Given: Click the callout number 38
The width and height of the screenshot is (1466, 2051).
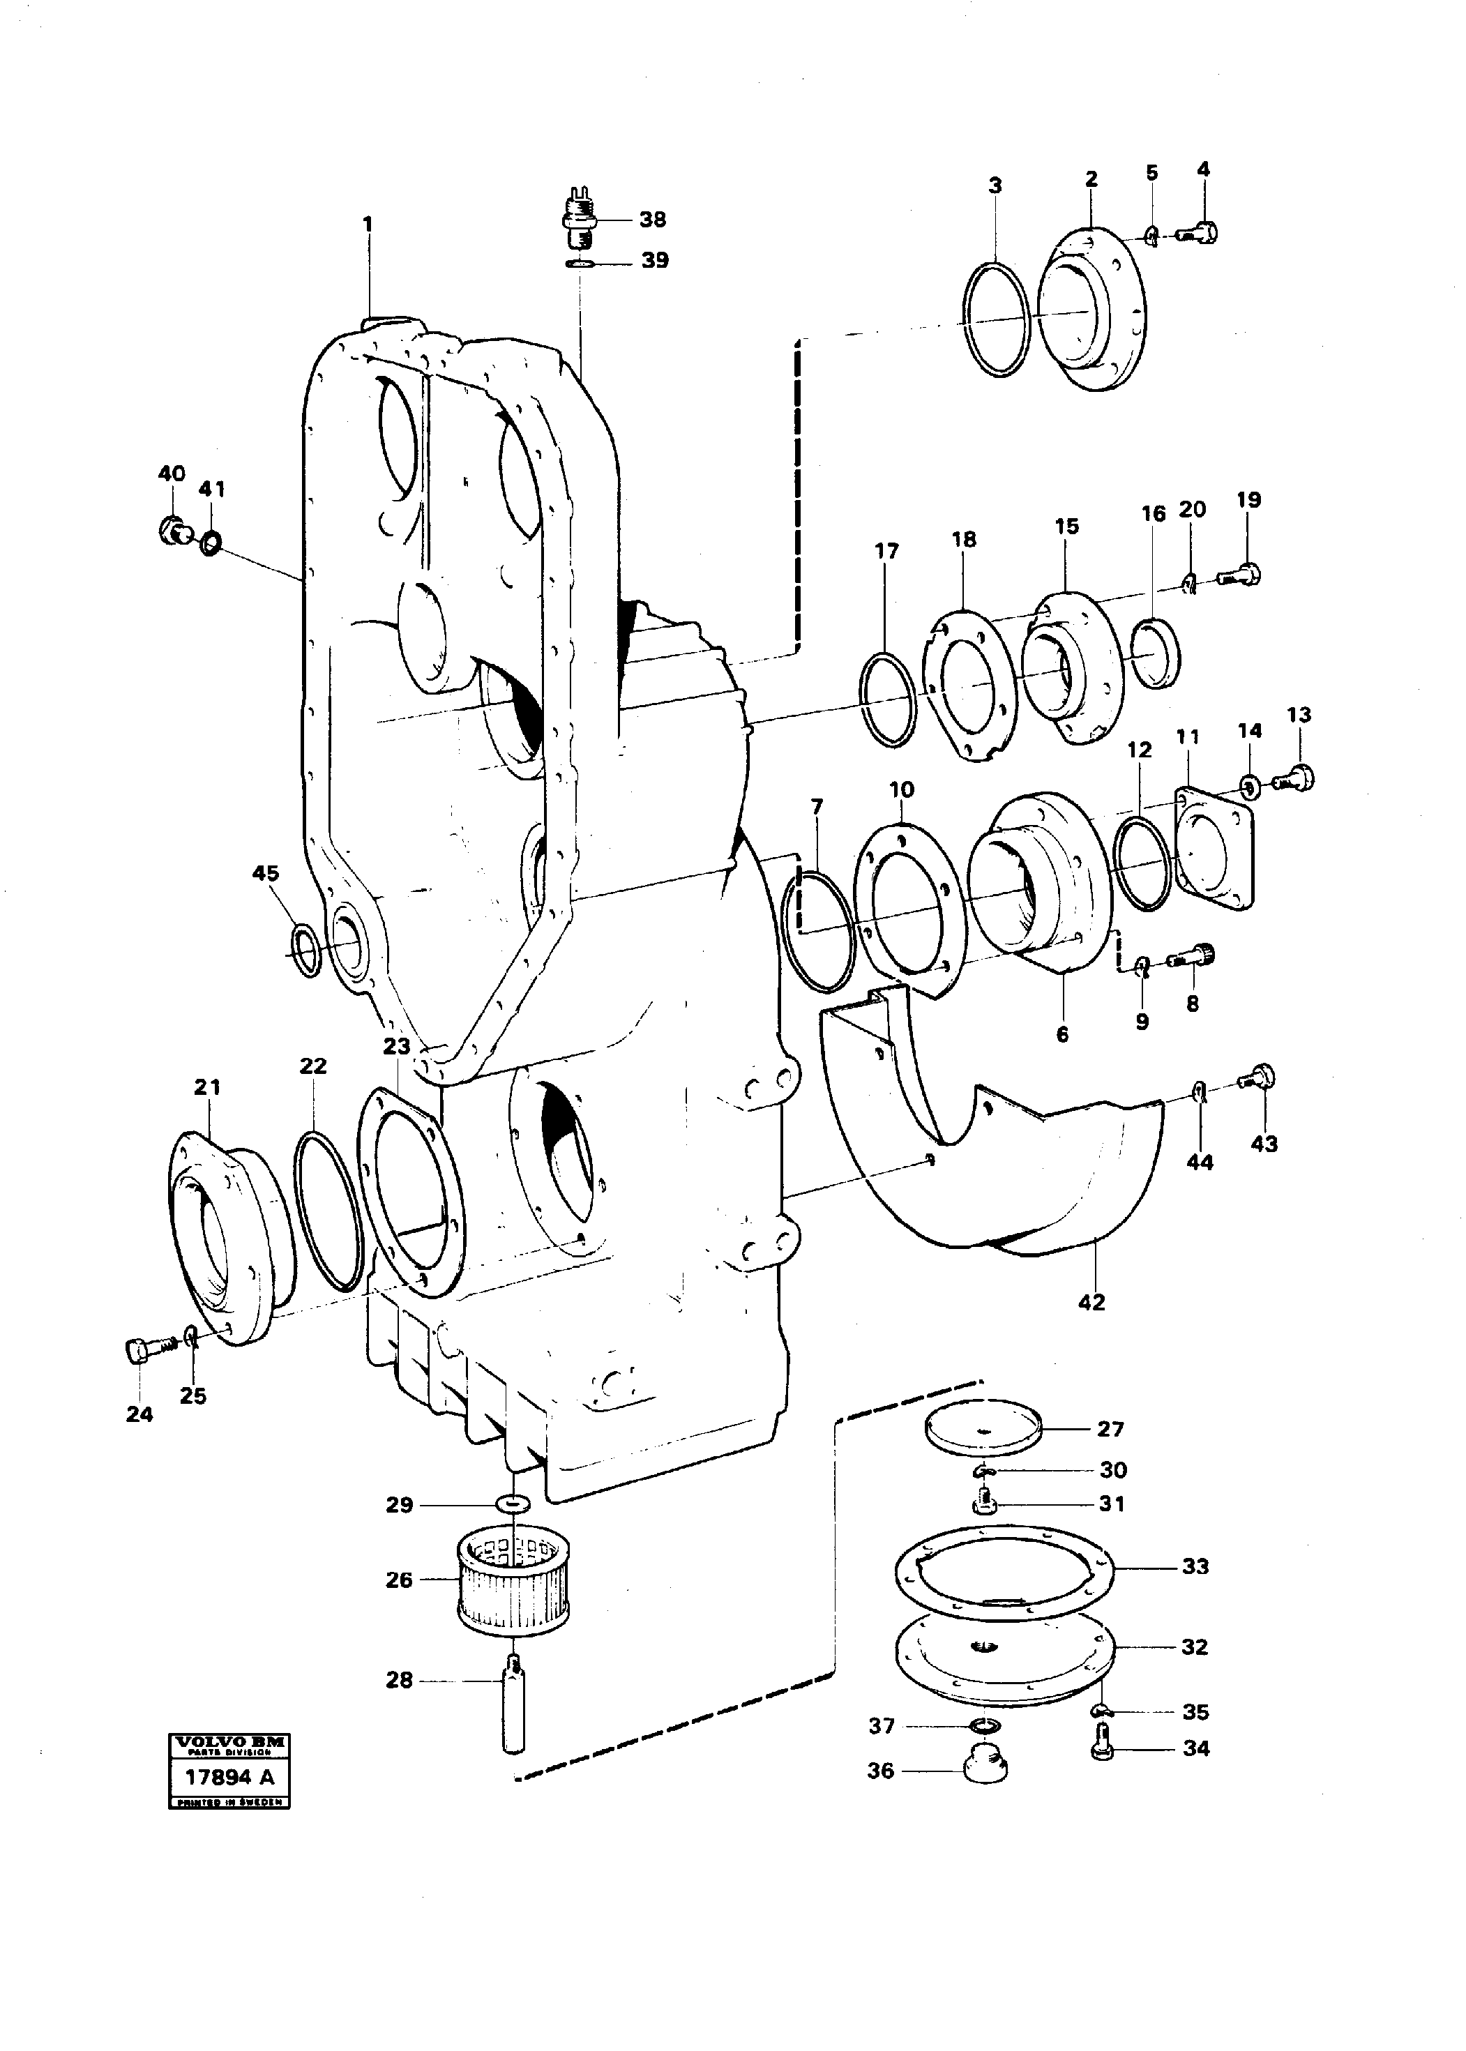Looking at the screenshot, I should [652, 220].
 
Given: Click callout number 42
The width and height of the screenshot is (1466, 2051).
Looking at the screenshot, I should [1091, 1302].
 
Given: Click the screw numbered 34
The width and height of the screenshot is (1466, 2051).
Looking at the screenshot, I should [1102, 1741].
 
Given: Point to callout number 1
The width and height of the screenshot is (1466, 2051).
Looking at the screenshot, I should [368, 223].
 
